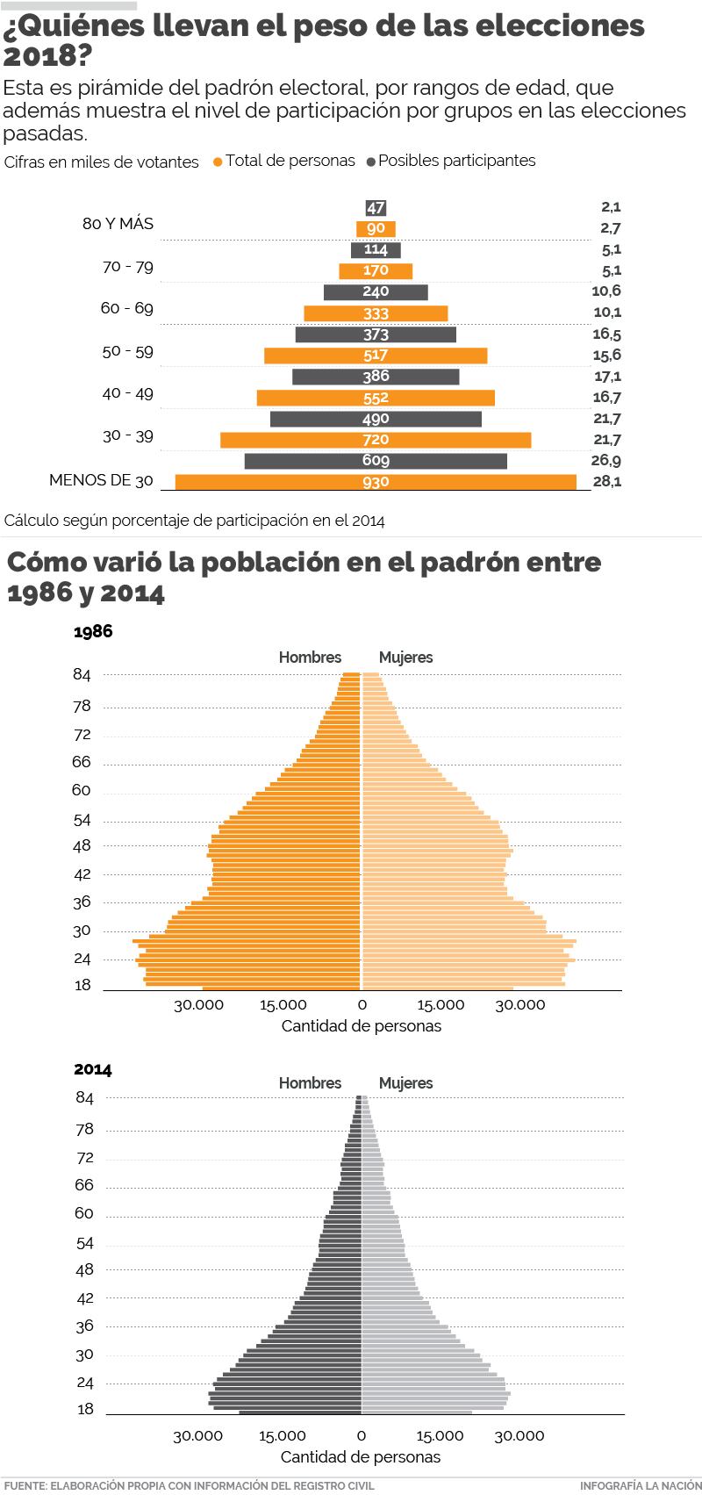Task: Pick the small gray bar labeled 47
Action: click(376, 208)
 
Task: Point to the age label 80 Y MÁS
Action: click(118, 224)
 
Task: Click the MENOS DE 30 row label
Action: click(101, 480)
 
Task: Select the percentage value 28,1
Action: click(606, 481)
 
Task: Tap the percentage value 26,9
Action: click(606, 460)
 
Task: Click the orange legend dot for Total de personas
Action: click(218, 162)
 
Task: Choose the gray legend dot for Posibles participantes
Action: click(372, 162)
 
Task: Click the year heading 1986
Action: click(93, 632)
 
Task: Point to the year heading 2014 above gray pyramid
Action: click(93, 1069)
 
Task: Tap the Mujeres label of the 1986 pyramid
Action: click(405, 658)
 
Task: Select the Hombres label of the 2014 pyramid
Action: click(310, 1083)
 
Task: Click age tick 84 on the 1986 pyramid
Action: click(82, 674)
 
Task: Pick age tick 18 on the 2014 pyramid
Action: click(85, 1409)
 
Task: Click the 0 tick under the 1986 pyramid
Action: click(361, 1005)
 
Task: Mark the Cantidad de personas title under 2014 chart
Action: click(361, 1457)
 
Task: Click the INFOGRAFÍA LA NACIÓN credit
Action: click(641, 1485)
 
